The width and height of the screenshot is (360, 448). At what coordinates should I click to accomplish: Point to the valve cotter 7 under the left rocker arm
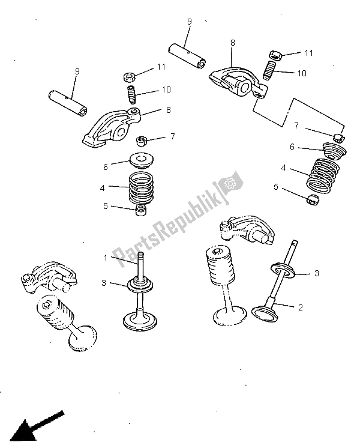click(142, 141)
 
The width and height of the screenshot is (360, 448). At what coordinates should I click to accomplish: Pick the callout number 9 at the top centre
click(189, 22)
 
